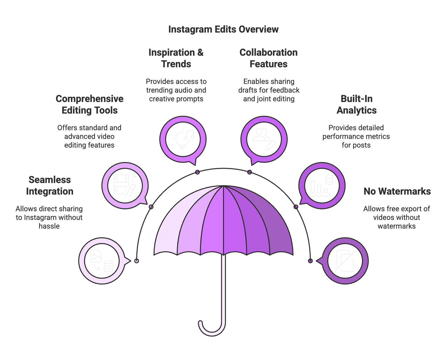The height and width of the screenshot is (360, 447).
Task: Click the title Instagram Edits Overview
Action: pos(223,29)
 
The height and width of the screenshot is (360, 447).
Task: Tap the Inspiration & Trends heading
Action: pos(176,58)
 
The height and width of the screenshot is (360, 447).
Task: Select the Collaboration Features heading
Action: pos(268,58)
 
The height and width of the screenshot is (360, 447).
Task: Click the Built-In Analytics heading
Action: pos(356,104)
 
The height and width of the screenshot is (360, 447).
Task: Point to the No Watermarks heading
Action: pos(397,191)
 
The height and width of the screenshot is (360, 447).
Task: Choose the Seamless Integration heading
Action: pos(50,186)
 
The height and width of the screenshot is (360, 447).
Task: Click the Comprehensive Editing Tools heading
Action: pos(89,104)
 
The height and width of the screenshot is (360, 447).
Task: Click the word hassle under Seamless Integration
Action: pos(49,226)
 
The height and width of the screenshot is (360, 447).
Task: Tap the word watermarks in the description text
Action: pos(396,226)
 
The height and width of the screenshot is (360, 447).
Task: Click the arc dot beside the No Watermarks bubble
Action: pos(310,261)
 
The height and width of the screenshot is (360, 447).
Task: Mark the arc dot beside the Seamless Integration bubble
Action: pos(137,261)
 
